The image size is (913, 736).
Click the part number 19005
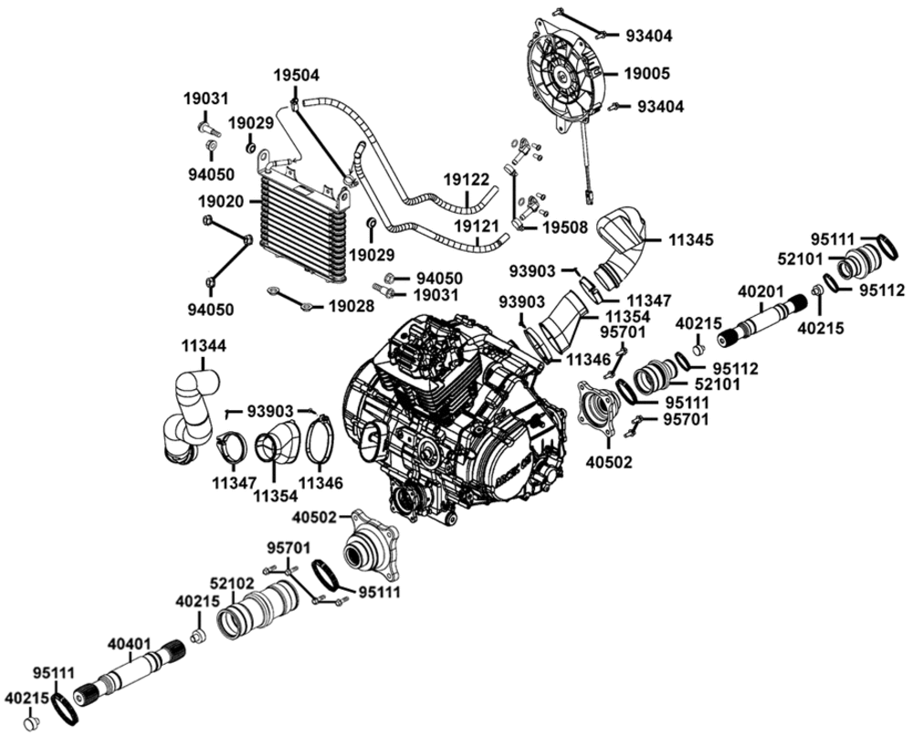[x=647, y=72]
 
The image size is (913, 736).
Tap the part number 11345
[x=689, y=240]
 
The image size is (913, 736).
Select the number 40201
[x=761, y=291]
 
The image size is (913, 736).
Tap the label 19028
[x=351, y=307]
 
